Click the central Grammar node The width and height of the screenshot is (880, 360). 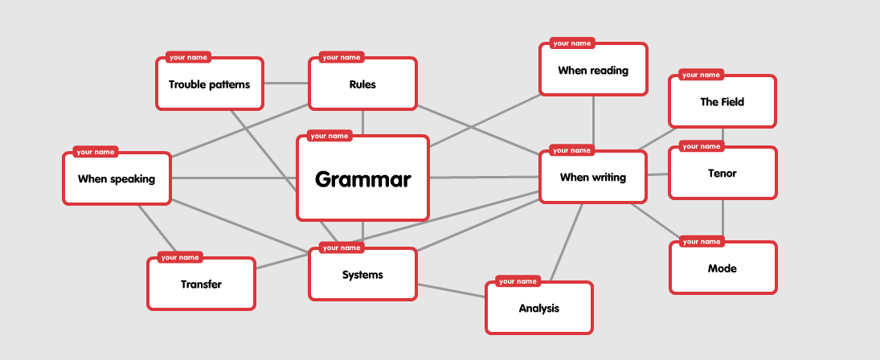click(x=362, y=178)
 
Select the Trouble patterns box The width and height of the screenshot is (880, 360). click(x=209, y=84)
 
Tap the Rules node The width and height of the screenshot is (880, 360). click(x=362, y=84)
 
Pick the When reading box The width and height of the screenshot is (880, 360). click(x=593, y=70)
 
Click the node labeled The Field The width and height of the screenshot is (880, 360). click(x=722, y=102)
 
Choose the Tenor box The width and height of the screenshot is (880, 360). click(x=722, y=173)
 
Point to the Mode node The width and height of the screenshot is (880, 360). click(x=722, y=268)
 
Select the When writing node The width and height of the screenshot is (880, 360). click(x=592, y=177)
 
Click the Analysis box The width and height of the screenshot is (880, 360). click(x=538, y=308)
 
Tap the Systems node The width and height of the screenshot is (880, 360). click(x=362, y=275)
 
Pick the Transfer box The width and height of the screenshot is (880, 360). click(x=201, y=284)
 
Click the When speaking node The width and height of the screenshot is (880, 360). click(x=117, y=178)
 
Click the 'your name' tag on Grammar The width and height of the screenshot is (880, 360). click(x=329, y=136)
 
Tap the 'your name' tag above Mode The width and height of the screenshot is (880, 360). click(x=702, y=241)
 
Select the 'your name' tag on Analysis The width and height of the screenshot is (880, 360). click(x=518, y=281)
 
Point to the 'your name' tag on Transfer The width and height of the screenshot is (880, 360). click(x=179, y=257)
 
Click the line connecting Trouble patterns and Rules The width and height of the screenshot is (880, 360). click(x=286, y=84)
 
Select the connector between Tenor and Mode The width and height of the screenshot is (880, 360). click(x=722, y=219)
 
